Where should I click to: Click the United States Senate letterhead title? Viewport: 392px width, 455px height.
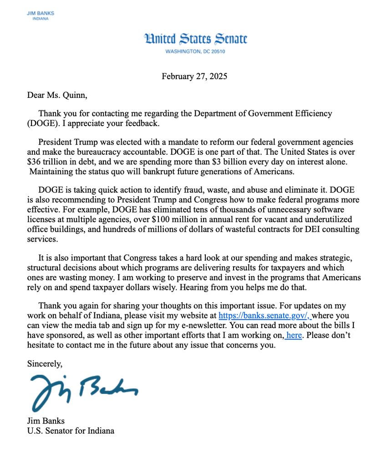coord(195,39)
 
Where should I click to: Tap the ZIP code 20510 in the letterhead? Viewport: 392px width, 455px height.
coord(216,51)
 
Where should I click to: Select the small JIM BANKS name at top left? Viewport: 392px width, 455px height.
coord(40,14)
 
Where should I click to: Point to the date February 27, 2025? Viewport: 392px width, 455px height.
coord(194,76)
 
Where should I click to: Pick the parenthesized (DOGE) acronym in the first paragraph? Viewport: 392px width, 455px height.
coord(42,123)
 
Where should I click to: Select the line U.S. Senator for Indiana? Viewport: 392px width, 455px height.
coord(71,430)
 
